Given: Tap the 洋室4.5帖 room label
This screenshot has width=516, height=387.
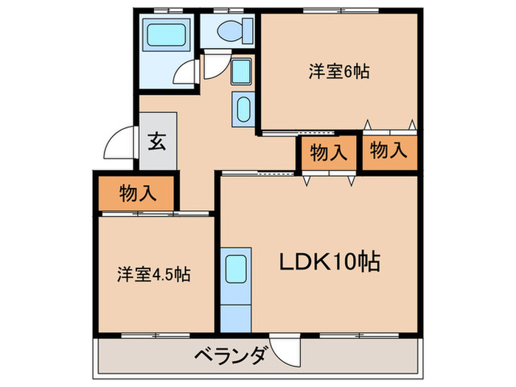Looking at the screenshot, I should (x=153, y=275).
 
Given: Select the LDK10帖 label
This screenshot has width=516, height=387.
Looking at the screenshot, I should (x=329, y=261).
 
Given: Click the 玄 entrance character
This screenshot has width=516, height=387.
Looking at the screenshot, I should (x=158, y=141).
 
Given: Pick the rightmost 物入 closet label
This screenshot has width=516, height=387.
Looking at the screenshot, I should (x=388, y=151).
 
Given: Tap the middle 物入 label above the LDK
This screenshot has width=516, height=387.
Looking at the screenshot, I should (x=328, y=153).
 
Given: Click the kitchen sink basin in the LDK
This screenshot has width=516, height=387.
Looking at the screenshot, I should (x=236, y=266).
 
